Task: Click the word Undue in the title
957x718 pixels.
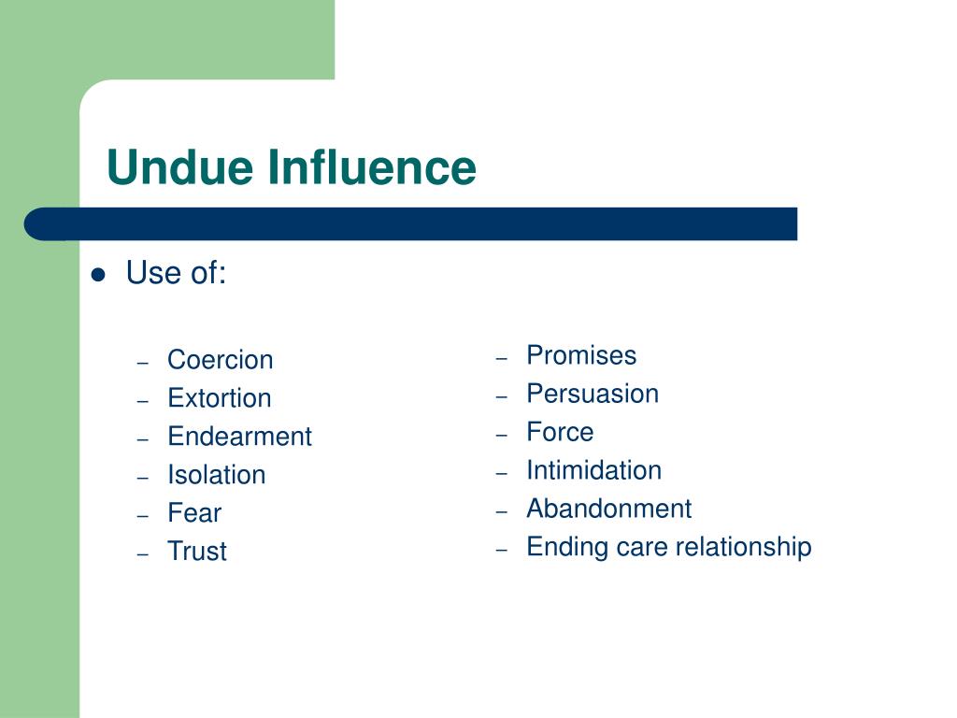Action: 180,168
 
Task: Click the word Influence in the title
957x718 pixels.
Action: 372,168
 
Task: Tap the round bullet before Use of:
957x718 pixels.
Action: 98,275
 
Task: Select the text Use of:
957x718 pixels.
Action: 176,274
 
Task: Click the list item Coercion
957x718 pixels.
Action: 221,360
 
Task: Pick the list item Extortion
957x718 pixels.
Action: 220,398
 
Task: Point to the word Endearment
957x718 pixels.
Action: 239,437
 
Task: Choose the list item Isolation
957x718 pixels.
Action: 216,475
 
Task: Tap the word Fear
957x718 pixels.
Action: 194,513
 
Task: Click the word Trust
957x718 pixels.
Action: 197,552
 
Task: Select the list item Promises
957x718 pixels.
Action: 581,355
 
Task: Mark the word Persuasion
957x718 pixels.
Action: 593,394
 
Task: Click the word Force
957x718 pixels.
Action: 560,432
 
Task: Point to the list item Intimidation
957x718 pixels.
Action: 593,470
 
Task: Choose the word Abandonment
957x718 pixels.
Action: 608,509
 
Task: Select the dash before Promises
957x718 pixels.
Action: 502,358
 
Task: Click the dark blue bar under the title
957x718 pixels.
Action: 411,224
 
